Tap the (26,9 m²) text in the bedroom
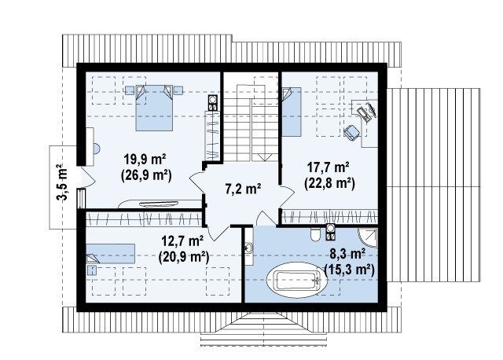coord(146,175)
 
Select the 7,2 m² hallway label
coord(243,189)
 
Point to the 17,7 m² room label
coord(329,167)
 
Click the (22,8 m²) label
coord(329,184)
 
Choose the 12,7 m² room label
coord(182,241)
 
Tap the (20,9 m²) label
coord(184,257)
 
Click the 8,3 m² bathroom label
coord(347,254)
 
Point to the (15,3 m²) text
coord(349,270)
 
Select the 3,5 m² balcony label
coord(62,182)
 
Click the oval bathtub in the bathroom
coord(297,280)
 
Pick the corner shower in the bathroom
coord(368,238)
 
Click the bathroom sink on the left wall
coord(249,248)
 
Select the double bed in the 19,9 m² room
coord(154,108)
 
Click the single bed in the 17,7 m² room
coord(292,112)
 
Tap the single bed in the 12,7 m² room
coord(110,253)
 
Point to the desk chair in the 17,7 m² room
coord(352,133)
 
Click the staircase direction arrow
coord(264,157)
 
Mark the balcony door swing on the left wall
coord(86,177)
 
